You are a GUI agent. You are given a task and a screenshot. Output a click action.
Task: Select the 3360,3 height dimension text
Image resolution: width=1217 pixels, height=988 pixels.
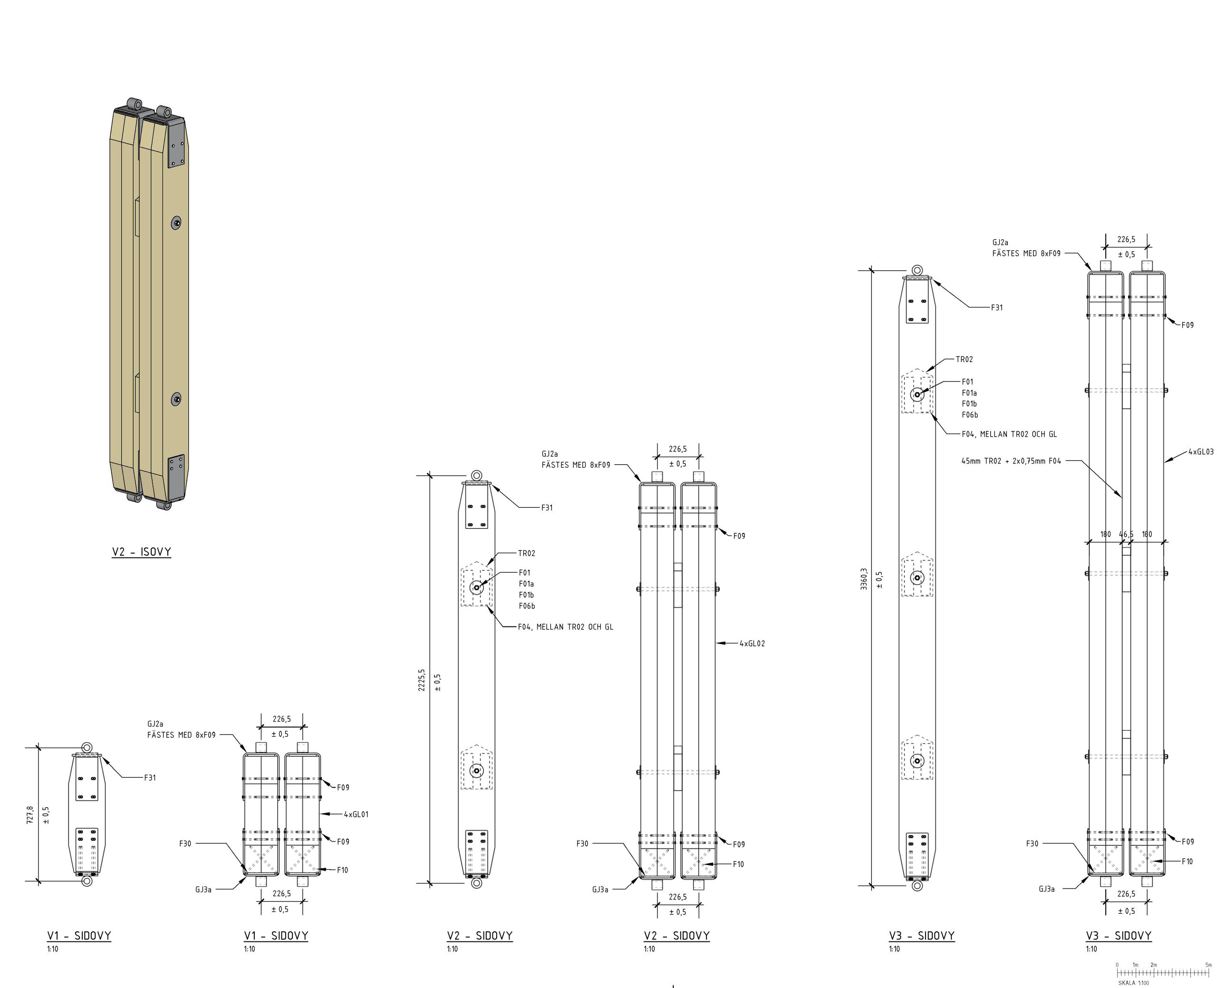[864, 579]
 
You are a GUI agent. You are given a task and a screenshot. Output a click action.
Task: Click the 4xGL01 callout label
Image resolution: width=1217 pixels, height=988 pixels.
[356, 814]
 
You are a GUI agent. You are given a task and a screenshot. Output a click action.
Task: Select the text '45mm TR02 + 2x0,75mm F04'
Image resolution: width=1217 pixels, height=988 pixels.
[1011, 461]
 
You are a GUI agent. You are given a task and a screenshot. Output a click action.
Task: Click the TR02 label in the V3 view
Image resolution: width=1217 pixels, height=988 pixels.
[964, 359]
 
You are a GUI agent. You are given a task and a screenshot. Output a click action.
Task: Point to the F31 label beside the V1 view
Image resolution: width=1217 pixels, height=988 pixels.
[150, 777]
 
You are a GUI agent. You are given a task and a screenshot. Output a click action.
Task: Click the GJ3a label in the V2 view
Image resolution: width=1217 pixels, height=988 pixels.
[600, 890]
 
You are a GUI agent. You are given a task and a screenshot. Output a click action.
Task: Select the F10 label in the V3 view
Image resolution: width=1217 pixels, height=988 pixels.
[1187, 861]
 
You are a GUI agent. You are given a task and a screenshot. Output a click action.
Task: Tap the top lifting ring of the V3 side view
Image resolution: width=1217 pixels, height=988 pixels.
[918, 270]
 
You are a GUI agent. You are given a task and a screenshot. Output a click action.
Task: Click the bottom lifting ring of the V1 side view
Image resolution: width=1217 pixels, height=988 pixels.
[87, 881]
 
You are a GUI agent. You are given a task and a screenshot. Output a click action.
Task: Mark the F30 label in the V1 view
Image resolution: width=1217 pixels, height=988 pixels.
[185, 843]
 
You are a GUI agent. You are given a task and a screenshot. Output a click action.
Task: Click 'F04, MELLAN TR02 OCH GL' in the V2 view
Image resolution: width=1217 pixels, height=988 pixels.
[565, 626]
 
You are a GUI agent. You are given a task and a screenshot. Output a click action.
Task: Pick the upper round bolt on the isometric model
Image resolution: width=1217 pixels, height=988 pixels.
[177, 223]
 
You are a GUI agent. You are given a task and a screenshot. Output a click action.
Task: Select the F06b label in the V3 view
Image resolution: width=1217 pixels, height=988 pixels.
[970, 415]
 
